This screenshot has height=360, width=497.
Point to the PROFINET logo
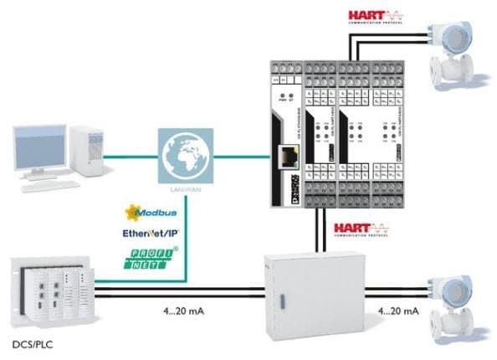click(153, 259)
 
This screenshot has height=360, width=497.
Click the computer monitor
click(40, 147)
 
